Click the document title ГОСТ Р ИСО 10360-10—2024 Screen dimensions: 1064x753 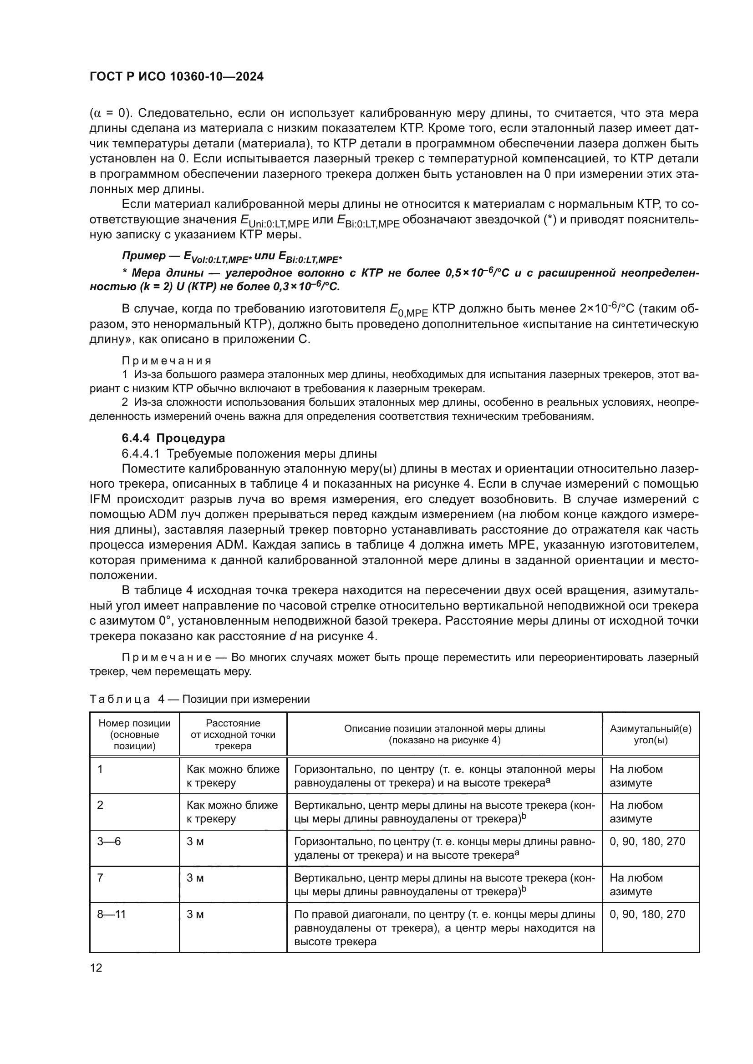176,77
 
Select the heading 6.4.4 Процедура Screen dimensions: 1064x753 173,438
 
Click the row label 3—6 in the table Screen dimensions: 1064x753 108,841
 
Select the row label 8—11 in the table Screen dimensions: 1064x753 111,914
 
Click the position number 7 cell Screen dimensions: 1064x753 100,877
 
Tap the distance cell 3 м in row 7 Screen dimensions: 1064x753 195,877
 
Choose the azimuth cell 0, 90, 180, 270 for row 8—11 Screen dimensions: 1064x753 647,914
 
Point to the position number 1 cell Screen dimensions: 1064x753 100,769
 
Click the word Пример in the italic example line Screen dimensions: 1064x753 144,256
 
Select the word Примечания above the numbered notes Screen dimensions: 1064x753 167,361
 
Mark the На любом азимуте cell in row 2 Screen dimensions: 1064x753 636,812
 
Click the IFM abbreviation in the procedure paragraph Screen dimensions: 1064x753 101,499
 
